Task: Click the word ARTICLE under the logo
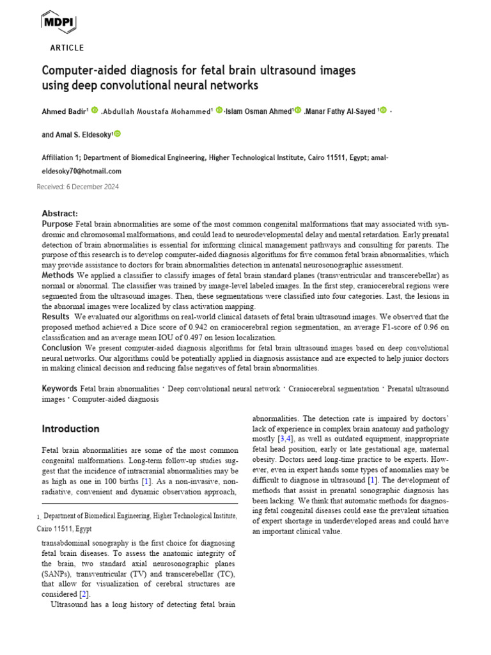(66, 48)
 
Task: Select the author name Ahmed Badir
(64, 111)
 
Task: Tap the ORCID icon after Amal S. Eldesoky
(117, 134)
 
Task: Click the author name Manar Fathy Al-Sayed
(341, 111)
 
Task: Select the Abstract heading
(60, 213)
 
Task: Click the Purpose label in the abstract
(58, 224)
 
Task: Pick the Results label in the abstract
(56, 317)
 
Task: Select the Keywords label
(60, 389)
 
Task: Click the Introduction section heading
(70, 429)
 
